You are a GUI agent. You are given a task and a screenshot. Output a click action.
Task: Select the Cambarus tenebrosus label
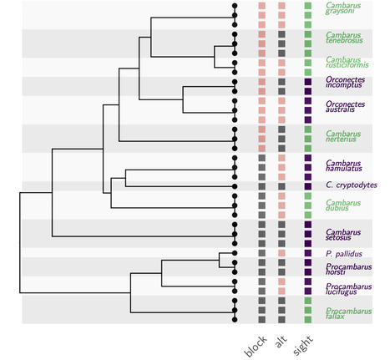tap(343, 39)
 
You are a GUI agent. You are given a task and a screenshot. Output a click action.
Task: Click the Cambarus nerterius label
tap(343, 136)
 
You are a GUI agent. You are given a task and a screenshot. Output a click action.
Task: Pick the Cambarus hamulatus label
tap(343, 165)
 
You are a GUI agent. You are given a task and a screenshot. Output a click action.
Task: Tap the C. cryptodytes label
tap(351, 185)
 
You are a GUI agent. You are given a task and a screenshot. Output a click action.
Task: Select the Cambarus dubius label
tap(343, 205)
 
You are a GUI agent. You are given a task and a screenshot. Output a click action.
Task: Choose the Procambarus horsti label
tap(343, 271)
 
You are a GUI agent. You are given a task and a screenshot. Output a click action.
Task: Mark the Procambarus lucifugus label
tap(343, 290)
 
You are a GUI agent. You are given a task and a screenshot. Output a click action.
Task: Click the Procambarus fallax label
tap(343, 313)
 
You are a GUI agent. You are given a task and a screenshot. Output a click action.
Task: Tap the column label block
tap(254, 346)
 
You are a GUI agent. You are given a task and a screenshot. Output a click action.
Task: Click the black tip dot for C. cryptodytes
tap(235, 185)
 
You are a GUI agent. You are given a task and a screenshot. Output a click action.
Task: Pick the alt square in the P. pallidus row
tap(282, 252)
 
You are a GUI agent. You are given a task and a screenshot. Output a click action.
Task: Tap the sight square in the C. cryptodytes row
tap(308, 185)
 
